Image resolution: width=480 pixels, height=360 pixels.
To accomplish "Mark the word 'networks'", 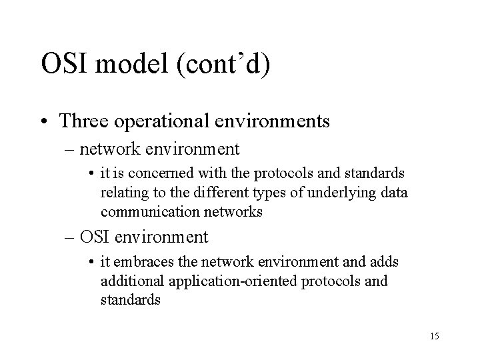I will (x=235, y=211).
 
